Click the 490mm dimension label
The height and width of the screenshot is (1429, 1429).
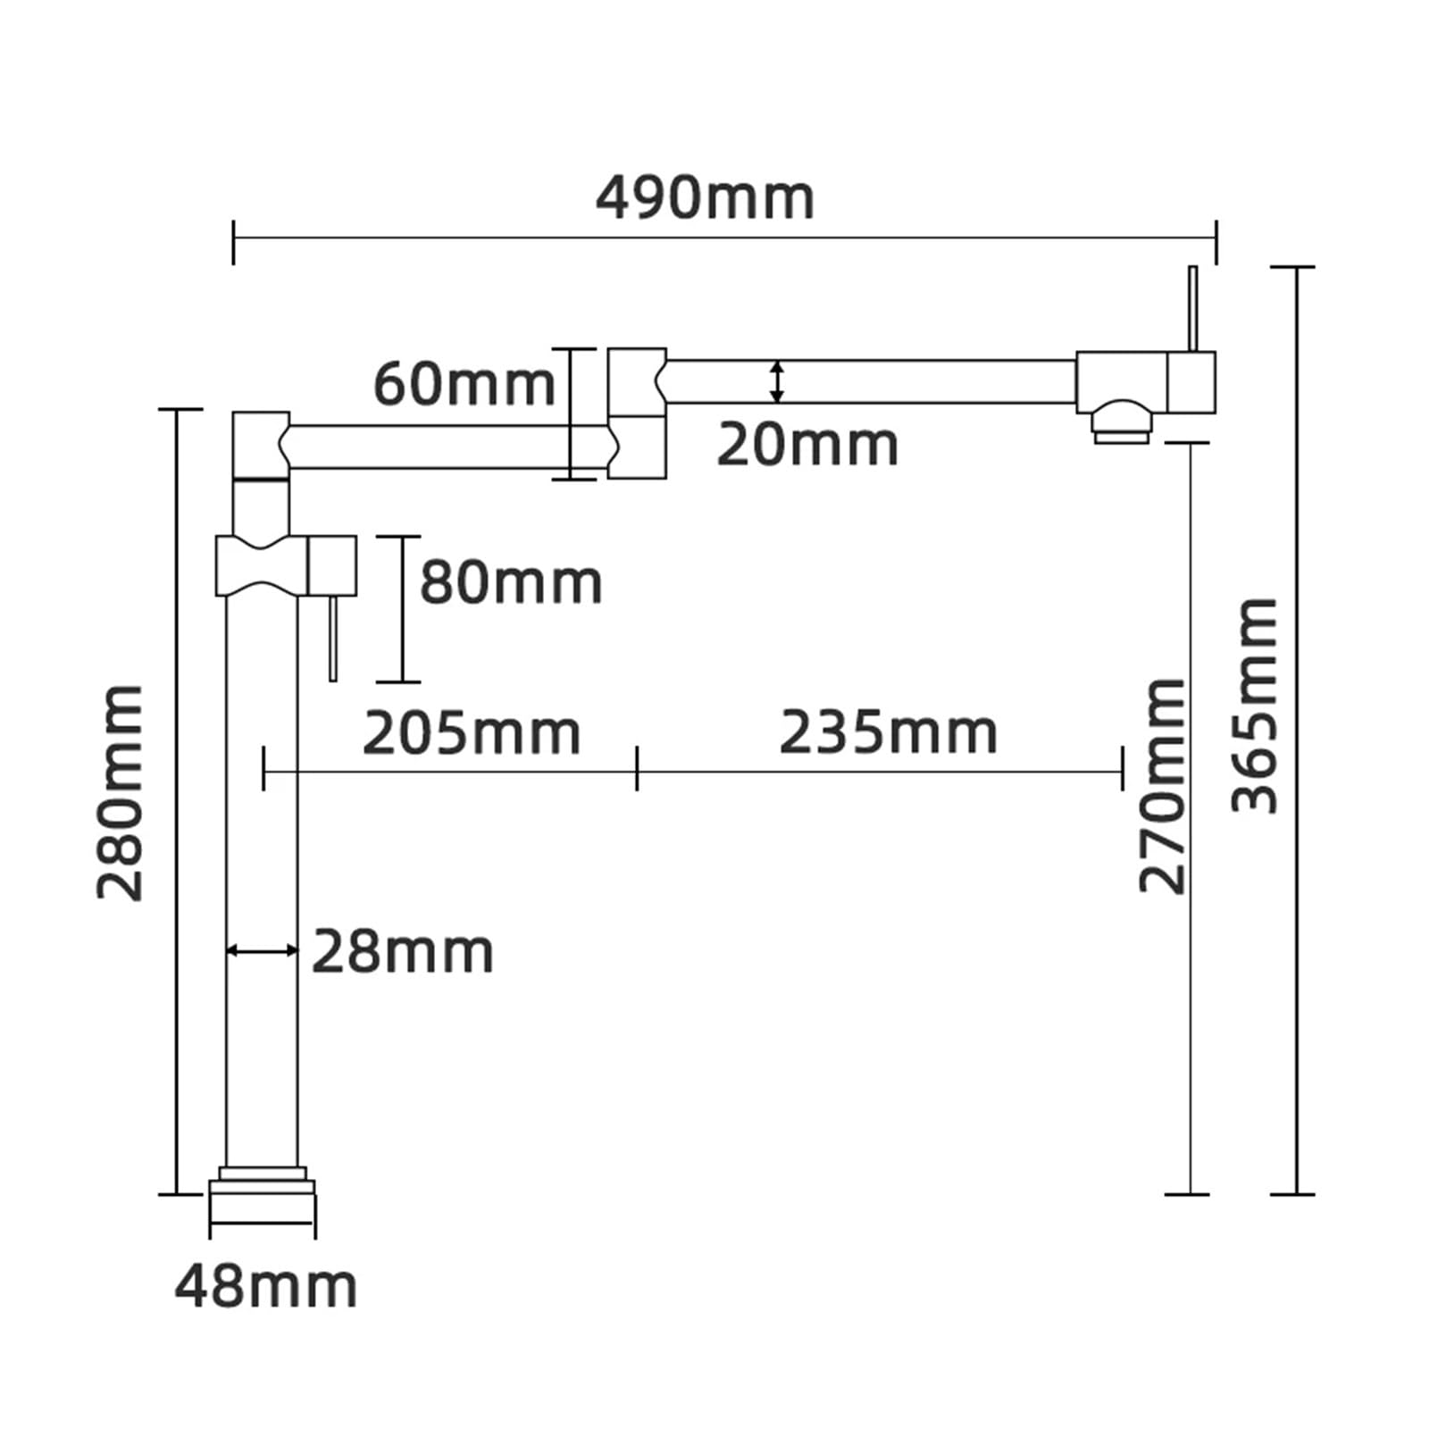pos(705,198)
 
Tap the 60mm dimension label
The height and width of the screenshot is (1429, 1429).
pos(464,384)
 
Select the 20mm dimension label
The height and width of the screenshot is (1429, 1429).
pos(807,445)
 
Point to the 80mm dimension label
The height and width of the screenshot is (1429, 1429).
pos(511,582)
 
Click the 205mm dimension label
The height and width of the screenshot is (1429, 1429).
pos(472,733)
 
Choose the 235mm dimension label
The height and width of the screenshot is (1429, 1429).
pos(889,733)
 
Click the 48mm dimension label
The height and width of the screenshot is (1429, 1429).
pos(266,1287)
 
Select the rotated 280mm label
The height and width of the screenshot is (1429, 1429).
pos(121,793)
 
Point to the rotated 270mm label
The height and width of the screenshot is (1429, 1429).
pos(1162,786)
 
